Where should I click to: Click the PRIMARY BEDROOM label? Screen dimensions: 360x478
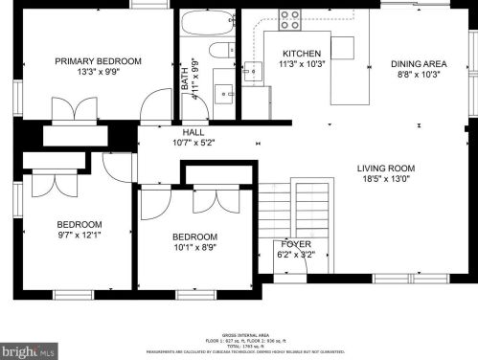(x=98, y=61)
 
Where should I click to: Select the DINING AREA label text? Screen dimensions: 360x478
(x=419, y=64)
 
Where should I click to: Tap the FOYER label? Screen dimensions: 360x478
(x=292, y=245)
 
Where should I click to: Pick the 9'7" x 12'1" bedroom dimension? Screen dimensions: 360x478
(x=79, y=235)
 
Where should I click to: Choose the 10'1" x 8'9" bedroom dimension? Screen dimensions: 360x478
(x=194, y=248)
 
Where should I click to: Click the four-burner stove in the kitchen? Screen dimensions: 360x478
(x=289, y=19)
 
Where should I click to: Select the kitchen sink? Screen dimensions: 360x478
(x=253, y=69)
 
